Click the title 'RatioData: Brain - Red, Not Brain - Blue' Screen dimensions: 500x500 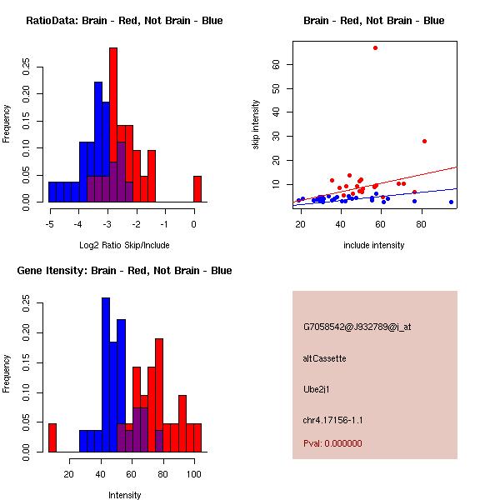pyautogui.click(x=124, y=21)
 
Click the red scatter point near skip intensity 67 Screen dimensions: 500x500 pyautogui.click(x=375, y=47)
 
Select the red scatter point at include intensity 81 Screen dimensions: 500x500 pyautogui.click(x=424, y=141)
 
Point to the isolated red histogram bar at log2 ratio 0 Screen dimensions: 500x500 pyautogui.click(x=197, y=189)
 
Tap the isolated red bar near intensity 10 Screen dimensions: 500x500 pyautogui.click(x=52, y=437)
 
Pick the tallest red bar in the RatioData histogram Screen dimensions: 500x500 pyautogui.click(x=113, y=125)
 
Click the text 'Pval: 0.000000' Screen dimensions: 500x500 pyautogui.click(x=332, y=443)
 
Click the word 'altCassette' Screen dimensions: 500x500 pyautogui.click(x=325, y=358)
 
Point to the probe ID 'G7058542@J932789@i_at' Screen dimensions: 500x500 pyautogui.click(x=357, y=327)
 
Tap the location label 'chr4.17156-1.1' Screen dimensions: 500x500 pyautogui.click(x=333, y=420)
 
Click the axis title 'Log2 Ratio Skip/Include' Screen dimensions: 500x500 pyautogui.click(x=122, y=244)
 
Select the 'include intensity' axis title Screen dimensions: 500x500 pyautogui.click(x=373, y=245)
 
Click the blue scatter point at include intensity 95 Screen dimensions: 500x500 pyautogui.click(x=451, y=202)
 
